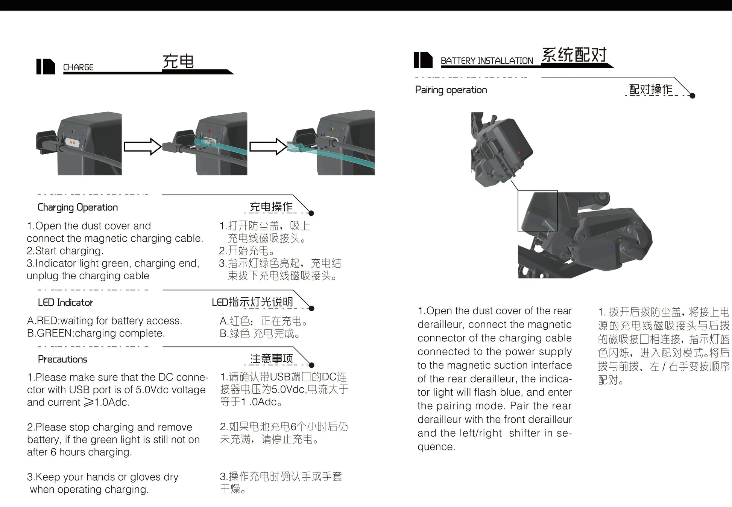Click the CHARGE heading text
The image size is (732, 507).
(78, 67)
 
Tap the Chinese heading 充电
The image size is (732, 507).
(178, 61)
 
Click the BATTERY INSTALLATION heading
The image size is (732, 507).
(487, 61)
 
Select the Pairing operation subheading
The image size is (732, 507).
(451, 90)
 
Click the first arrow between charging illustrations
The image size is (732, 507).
(143, 146)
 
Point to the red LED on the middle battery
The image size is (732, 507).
(211, 131)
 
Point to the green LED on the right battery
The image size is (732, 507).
(332, 129)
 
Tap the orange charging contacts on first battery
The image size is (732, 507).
(71, 142)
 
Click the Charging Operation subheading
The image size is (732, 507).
(77, 207)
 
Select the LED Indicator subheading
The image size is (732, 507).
(65, 303)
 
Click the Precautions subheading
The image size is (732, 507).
(62, 359)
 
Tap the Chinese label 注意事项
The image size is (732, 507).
(271, 359)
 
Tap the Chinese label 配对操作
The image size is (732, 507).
(650, 89)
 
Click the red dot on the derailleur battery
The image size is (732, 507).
(519, 153)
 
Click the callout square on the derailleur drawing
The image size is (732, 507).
(538, 210)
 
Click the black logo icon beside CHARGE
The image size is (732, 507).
(46, 67)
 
